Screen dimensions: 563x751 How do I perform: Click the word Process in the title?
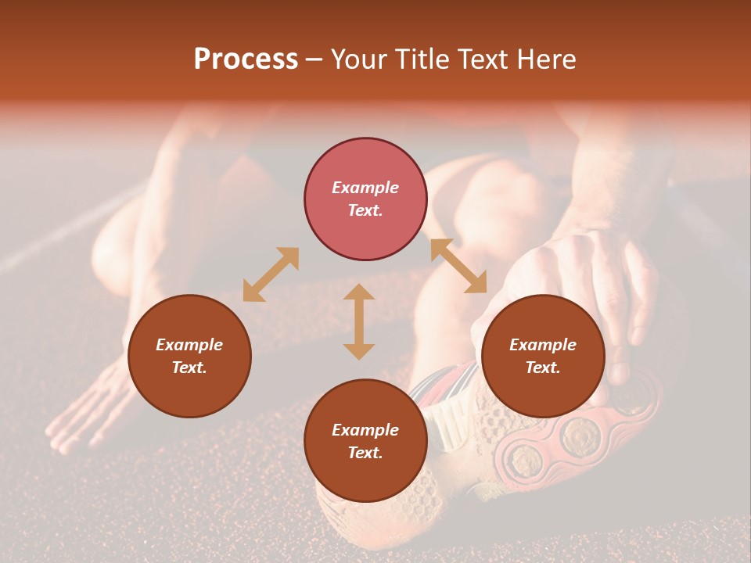(x=246, y=59)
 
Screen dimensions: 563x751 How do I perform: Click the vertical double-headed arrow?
(x=359, y=321)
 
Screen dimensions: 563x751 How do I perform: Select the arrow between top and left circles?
(x=271, y=274)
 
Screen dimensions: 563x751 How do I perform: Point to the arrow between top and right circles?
(x=458, y=266)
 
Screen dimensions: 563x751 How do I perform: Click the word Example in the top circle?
(x=365, y=188)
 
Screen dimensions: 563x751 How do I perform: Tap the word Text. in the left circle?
(x=189, y=368)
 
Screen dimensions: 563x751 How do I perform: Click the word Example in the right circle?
(x=543, y=345)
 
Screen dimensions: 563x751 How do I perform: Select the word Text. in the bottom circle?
(x=365, y=453)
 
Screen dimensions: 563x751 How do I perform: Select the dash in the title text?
(x=314, y=60)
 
